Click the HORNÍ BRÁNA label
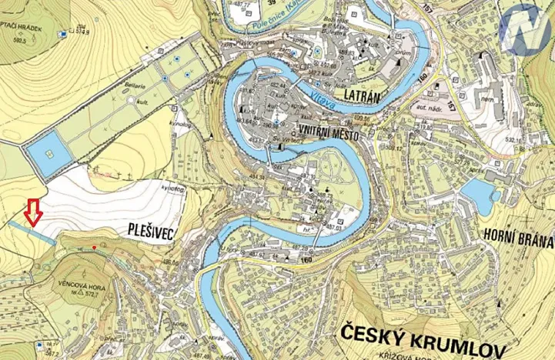[518, 238]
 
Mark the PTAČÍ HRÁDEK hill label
[22, 26]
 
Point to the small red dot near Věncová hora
[95, 247]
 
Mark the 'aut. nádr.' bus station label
[425, 101]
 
